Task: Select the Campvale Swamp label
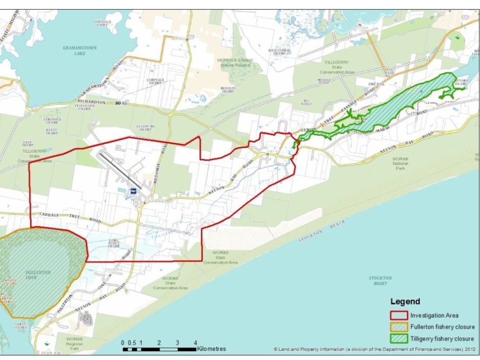coord(155,81)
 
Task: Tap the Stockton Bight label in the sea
coord(380,280)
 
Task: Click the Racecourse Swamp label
coord(280,51)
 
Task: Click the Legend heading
coord(405,302)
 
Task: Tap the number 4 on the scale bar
coord(195,342)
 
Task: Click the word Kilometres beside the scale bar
coord(211,349)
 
